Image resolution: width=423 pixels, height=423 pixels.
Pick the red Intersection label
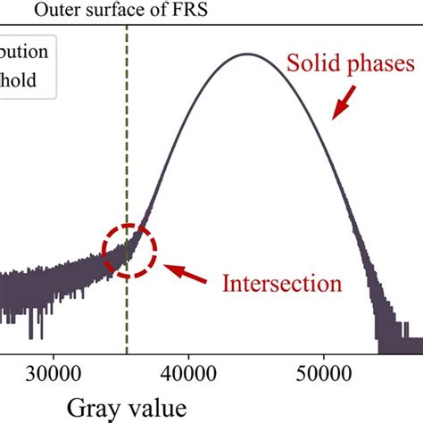282,285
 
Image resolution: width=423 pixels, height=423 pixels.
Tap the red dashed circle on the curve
129,249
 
